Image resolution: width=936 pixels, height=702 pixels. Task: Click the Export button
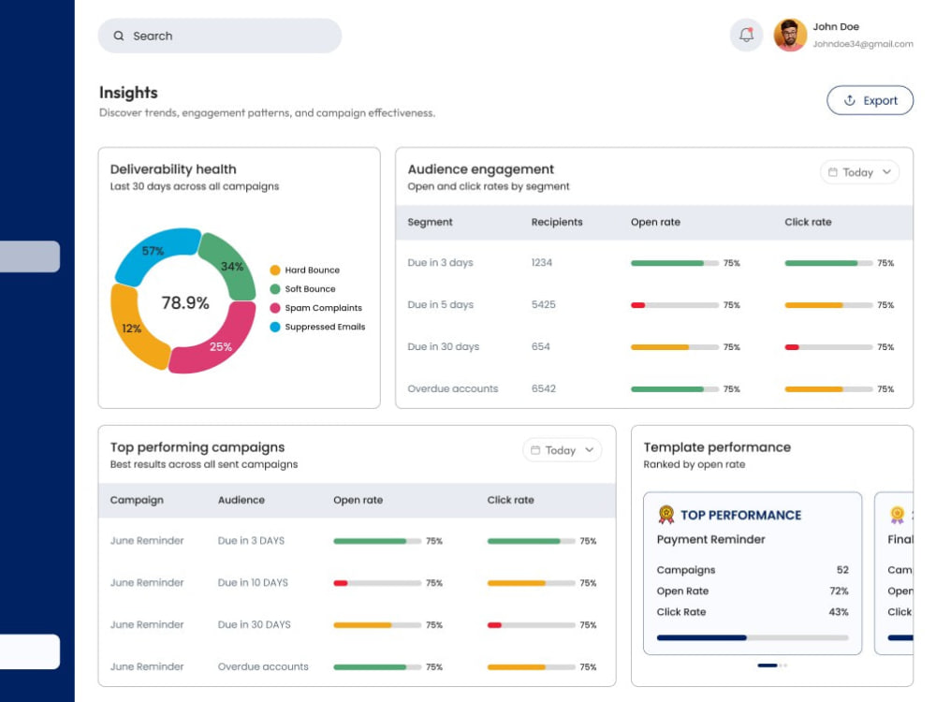click(x=870, y=100)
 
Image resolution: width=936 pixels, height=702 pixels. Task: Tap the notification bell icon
click(x=746, y=35)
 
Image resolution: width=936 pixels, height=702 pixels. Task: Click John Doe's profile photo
click(x=790, y=35)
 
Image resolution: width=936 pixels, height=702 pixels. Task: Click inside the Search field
click(x=220, y=36)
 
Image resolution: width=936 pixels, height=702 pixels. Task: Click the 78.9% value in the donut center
click(x=185, y=302)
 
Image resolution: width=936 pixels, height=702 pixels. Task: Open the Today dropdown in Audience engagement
click(x=859, y=172)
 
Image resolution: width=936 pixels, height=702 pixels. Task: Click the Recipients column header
click(x=556, y=222)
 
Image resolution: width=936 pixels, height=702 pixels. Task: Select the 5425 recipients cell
click(x=543, y=304)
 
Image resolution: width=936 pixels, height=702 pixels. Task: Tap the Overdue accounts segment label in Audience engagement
click(x=452, y=388)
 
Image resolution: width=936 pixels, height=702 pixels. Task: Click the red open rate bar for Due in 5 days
click(x=637, y=305)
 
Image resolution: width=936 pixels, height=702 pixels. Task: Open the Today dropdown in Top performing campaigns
click(x=562, y=450)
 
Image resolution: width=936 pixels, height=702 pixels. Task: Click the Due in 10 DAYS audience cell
click(x=253, y=582)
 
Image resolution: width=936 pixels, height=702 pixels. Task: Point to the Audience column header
click(x=241, y=500)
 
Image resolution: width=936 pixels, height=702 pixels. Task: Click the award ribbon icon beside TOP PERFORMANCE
click(x=666, y=514)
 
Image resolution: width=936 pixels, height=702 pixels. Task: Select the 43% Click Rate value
click(x=838, y=612)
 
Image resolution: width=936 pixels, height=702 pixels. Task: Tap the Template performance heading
click(x=717, y=447)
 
